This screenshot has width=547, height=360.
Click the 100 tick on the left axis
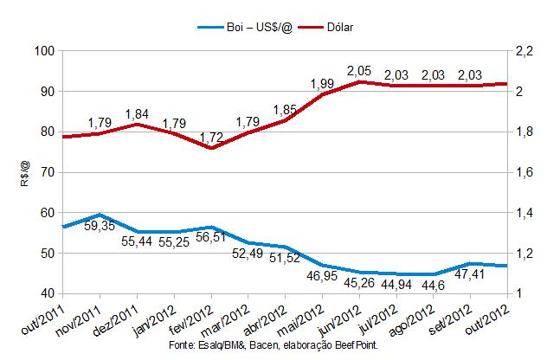coord(43,50)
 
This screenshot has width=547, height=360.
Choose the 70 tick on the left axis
coord(47,172)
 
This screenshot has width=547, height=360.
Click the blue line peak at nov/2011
coord(101,215)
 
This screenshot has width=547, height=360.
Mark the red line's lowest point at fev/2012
coord(211,148)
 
